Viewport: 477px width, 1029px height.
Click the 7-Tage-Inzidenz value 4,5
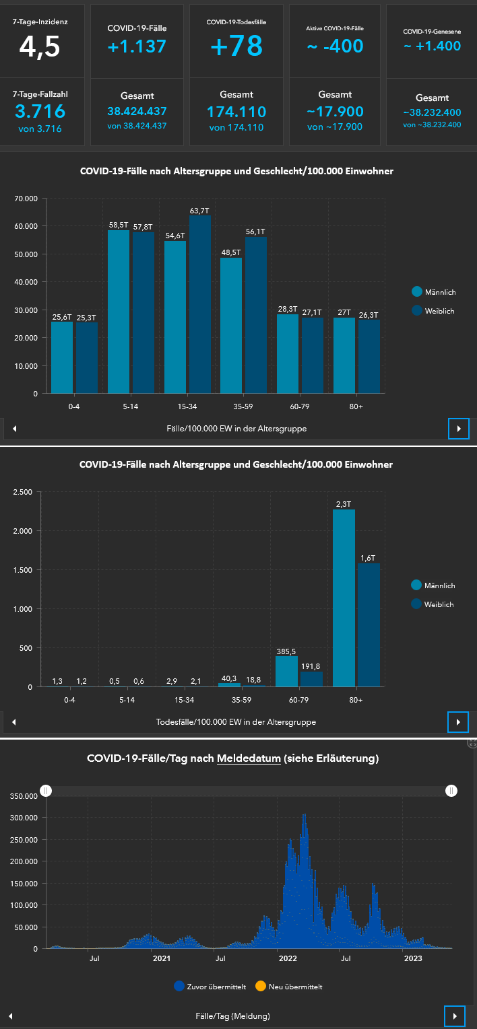click(40, 46)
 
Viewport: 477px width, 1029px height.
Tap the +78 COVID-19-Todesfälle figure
click(236, 46)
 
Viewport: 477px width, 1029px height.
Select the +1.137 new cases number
click(137, 46)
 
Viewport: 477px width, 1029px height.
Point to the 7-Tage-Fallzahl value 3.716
click(40, 111)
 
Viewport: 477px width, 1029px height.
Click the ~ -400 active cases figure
click(335, 46)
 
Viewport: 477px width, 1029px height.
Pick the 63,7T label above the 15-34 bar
click(199, 211)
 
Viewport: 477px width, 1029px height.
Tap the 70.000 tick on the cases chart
click(26, 199)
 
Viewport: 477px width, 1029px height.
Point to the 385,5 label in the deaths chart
click(286, 652)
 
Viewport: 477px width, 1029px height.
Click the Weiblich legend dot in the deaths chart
click(416, 604)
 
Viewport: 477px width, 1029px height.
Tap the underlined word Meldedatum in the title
click(249, 758)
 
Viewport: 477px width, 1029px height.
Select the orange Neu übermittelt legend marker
click(260, 987)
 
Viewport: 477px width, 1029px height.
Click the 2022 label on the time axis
click(288, 958)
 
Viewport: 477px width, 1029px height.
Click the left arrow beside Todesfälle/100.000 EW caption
click(14, 722)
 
